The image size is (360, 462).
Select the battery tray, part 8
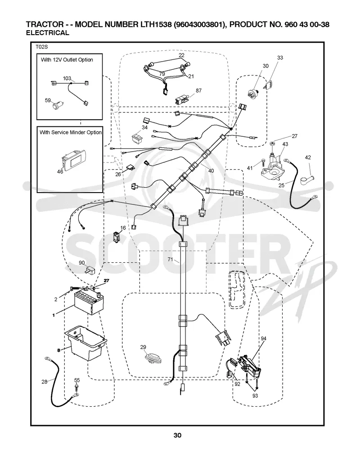85,342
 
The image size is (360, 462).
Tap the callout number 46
60,171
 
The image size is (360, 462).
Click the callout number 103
67,78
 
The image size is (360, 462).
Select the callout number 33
280,58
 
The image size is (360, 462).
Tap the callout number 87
199,90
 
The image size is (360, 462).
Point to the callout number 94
263,339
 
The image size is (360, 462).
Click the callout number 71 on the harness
171,260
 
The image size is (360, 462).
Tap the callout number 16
123,228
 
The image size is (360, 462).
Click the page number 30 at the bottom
177,435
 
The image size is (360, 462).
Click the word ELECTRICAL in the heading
48,33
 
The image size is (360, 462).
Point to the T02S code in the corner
41,47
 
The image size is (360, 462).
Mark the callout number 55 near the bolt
77,380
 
